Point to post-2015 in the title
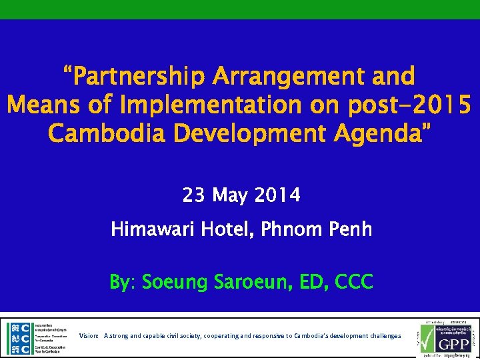coord(394,105)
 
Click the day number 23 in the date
coord(193,196)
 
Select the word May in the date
coord(231,196)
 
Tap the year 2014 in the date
coord(278,196)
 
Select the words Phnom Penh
coord(325,230)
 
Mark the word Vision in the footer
coord(89,336)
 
